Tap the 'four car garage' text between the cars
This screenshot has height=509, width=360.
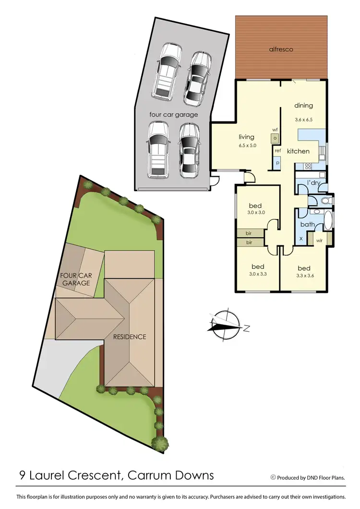click(173, 115)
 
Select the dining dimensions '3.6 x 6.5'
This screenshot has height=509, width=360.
click(303, 120)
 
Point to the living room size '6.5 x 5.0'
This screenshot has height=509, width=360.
click(246, 145)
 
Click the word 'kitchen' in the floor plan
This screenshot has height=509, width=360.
click(298, 151)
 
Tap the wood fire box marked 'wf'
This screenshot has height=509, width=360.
click(275, 137)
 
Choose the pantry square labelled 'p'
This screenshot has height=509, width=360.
click(277, 163)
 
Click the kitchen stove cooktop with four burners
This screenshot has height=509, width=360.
click(308, 167)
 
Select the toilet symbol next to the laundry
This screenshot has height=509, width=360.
click(325, 201)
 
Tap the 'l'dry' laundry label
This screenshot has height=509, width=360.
click(314, 182)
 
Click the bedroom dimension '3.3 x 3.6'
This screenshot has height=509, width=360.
click(304, 276)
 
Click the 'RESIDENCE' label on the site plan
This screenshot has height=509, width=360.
click(130, 337)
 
